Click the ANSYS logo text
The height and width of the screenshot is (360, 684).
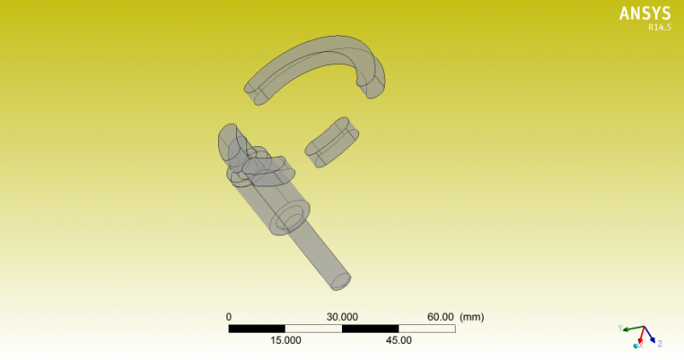point(645,14)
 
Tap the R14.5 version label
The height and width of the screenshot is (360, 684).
point(659,27)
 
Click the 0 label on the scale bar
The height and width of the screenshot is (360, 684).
point(228,316)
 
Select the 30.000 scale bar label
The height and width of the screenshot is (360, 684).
point(342,316)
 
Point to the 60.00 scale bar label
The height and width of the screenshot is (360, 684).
point(440,316)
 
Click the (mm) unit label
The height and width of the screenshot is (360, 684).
point(472,316)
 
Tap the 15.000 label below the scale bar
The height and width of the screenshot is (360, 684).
point(286,340)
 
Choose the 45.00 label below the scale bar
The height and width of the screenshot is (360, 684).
point(398,340)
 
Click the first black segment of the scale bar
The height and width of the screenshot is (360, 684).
point(257,328)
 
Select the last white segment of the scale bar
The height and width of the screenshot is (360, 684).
point(427,328)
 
